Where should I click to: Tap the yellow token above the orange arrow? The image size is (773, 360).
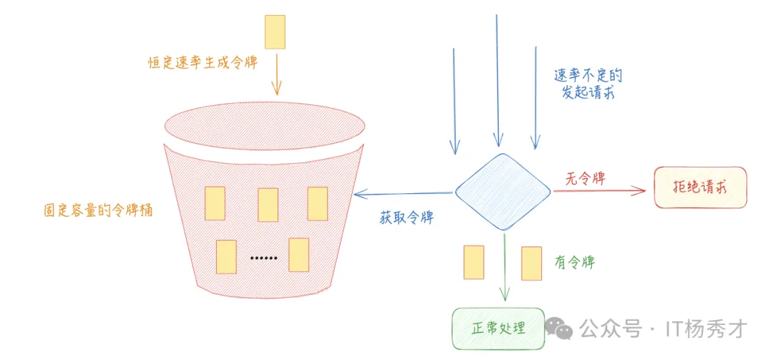pyautogui.click(x=275, y=31)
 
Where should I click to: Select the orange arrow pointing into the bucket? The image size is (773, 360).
pyautogui.click(x=276, y=82)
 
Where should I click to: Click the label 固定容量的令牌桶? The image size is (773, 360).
pyautogui.click(x=98, y=210)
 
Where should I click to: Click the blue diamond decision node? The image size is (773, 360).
pyautogui.click(x=503, y=192)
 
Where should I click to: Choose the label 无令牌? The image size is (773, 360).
pyautogui.click(x=585, y=179)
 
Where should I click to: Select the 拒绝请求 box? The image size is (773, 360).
pyautogui.click(x=700, y=188)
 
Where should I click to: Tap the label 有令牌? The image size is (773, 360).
pyautogui.click(x=574, y=263)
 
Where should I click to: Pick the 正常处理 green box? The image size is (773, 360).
pyautogui.click(x=498, y=328)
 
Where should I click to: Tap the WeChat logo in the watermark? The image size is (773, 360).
pyautogui.click(x=559, y=329)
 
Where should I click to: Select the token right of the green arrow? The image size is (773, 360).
pyautogui.click(x=531, y=263)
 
